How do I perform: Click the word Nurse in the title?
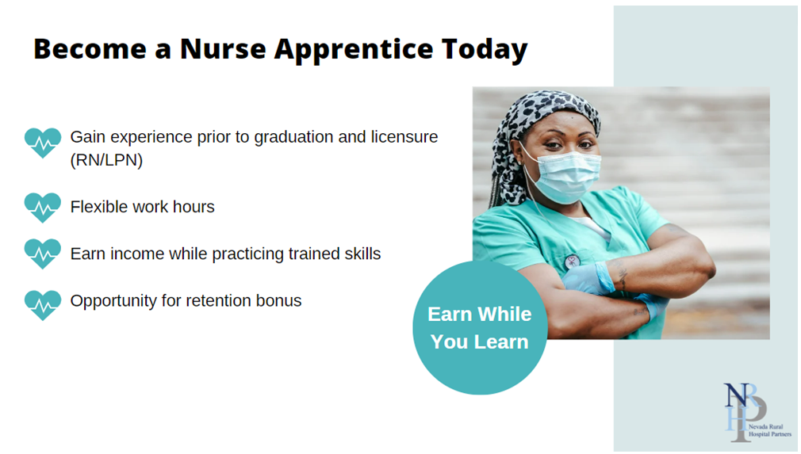223,49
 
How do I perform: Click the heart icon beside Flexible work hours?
42,208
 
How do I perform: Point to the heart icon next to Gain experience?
42,143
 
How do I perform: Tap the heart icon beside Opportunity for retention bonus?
42,305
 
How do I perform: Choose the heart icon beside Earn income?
42,254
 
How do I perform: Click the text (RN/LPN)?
106,160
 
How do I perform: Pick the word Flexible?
99,207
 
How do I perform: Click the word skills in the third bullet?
362,254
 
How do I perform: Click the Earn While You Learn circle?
480,327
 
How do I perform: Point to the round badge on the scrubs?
572,261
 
